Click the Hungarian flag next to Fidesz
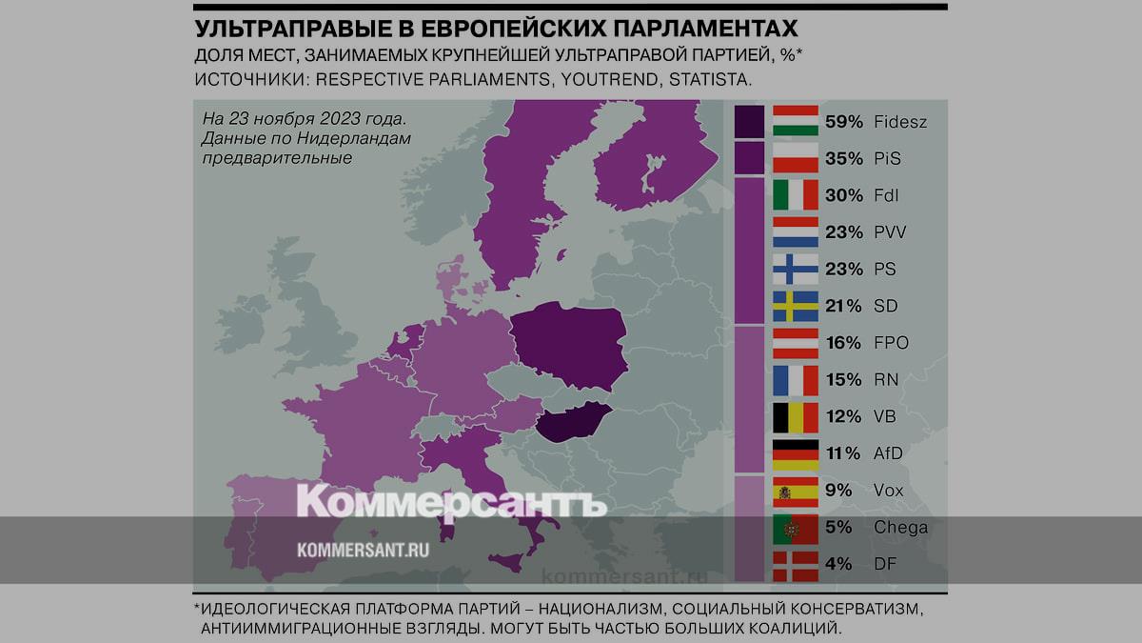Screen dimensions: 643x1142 tap(796, 121)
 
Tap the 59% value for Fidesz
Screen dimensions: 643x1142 tap(844, 122)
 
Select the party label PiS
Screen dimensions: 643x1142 tap(887, 158)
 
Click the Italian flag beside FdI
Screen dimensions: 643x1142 tap(796, 195)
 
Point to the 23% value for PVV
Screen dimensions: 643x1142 tap(844, 232)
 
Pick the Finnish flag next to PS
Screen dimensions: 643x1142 tap(796, 269)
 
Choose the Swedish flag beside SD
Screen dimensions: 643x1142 tap(796, 306)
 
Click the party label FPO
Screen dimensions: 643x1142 tap(892, 343)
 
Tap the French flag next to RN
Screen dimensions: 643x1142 tap(796, 379)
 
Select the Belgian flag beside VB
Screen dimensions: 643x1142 tap(796, 416)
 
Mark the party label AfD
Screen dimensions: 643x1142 tap(888, 453)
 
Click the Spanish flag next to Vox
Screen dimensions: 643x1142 tap(796, 491)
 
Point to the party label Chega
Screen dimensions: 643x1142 tap(901, 528)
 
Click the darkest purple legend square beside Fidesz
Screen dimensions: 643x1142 tap(749, 121)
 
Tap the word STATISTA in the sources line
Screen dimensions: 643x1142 tap(710, 80)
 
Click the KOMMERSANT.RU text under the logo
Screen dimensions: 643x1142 tap(363, 550)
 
